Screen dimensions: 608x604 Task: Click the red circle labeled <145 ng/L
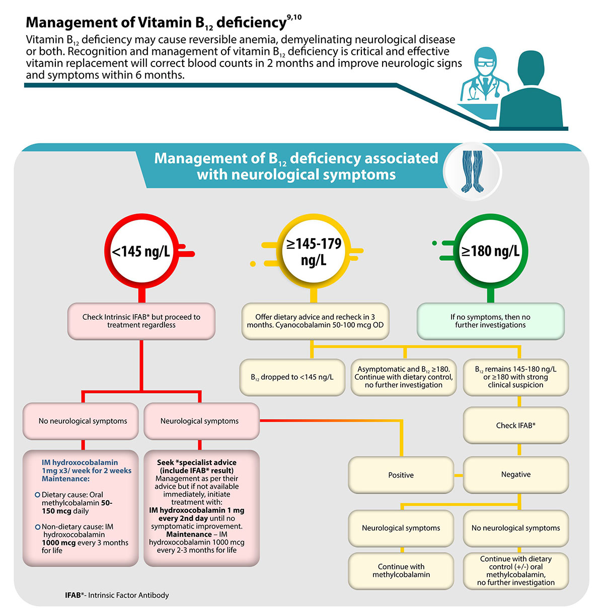pyautogui.click(x=141, y=251)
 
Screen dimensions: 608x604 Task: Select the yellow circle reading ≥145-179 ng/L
pyautogui.click(x=314, y=252)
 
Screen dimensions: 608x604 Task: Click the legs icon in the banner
pyautogui.click(x=472, y=171)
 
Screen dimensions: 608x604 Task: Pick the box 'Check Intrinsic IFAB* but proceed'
pyautogui.click(x=141, y=321)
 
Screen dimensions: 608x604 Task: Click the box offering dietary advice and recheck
pyautogui.click(x=315, y=321)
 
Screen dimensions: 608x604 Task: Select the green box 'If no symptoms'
pyautogui.click(x=490, y=321)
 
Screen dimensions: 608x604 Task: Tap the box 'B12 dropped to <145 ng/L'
pyautogui.click(x=292, y=377)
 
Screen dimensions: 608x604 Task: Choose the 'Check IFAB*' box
pyautogui.click(x=516, y=425)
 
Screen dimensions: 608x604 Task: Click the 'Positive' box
pyautogui.click(x=401, y=475)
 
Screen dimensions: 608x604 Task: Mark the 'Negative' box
pyautogui.click(x=516, y=475)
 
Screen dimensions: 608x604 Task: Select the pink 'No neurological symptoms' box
pyautogui.click(x=83, y=421)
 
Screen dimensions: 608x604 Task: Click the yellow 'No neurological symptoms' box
pyautogui.click(x=516, y=528)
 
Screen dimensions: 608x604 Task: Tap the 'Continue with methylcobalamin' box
pyautogui.click(x=401, y=571)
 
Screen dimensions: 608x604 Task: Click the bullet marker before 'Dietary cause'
pyautogui.click(x=37, y=495)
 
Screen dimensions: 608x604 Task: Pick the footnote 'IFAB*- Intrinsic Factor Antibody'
pyautogui.click(x=117, y=595)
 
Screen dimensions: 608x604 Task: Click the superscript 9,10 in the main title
pyautogui.click(x=294, y=18)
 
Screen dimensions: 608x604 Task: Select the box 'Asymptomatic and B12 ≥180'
pyautogui.click(x=404, y=377)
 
